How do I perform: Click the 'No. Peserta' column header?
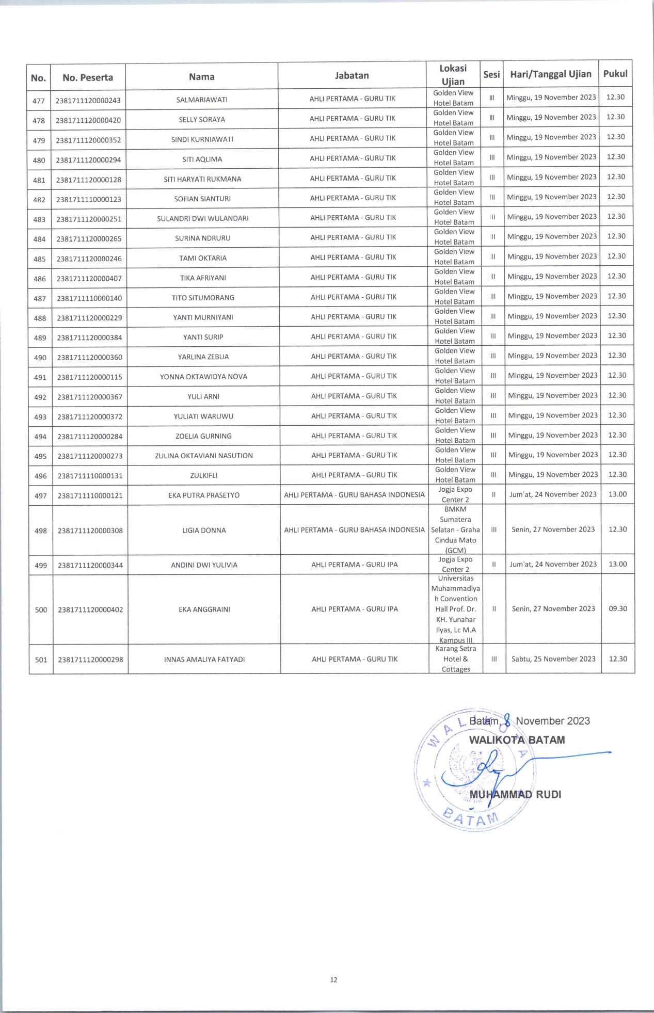(x=88, y=77)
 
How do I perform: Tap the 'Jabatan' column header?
(x=352, y=75)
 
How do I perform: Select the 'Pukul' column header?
(x=615, y=74)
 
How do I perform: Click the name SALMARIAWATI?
(x=202, y=100)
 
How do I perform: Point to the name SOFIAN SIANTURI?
(x=202, y=199)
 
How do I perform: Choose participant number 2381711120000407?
(x=89, y=279)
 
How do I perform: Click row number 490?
(x=40, y=358)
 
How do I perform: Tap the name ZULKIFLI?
(x=204, y=475)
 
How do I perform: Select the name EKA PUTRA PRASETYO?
(x=204, y=495)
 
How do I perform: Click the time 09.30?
(x=618, y=609)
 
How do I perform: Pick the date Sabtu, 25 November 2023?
(x=553, y=659)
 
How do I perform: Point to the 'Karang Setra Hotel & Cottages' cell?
(x=456, y=659)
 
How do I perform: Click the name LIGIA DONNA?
(x=204, y=530)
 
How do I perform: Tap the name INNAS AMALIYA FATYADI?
(x=204, y=660)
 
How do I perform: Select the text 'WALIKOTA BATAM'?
(x=517, y=740)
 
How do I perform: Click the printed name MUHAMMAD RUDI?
(x=515, y=795)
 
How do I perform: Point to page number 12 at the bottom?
(x=333, y=979)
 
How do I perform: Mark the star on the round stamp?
(x=427, y=782)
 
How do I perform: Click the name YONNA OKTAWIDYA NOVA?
(x=203, y=377)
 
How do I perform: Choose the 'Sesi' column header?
(x=491, y=74)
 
